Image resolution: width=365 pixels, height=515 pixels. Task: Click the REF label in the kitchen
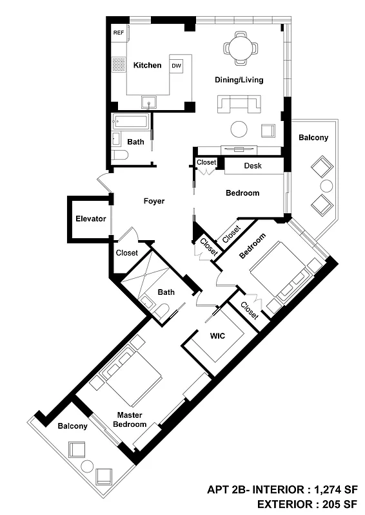point(119,32)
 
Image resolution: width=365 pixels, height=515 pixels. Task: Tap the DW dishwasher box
point(176,66)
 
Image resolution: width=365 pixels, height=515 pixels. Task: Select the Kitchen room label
point(147,65)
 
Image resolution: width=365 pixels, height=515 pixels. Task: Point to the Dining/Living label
point(239,80)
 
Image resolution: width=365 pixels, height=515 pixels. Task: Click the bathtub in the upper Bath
point(131,121)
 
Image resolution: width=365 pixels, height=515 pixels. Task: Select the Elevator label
point(90,219)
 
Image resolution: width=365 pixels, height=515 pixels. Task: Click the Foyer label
point(153,201)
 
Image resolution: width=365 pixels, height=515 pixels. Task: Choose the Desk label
point(253,166)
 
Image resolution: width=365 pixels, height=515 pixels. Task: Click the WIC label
point(217,335)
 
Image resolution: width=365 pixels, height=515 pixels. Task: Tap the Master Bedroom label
point(130,420)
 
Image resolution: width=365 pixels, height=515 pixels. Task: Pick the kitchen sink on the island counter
point(150,101)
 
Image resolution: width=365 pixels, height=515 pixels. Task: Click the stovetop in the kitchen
point(119,64)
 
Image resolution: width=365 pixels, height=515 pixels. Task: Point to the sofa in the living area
point(239,102)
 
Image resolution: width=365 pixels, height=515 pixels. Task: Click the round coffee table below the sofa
point(239,129)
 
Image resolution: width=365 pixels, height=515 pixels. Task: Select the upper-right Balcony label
point(313,137)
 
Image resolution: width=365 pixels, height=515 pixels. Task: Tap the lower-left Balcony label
point(72,426)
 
